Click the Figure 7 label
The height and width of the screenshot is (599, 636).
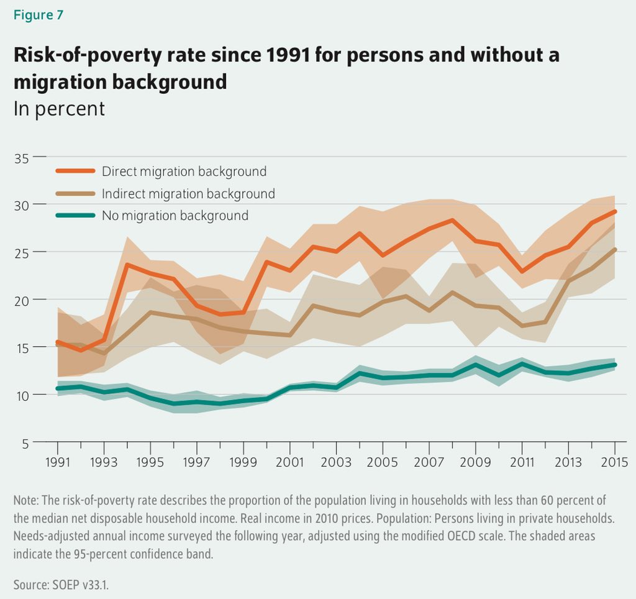38,15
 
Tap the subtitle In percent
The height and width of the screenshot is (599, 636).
59,109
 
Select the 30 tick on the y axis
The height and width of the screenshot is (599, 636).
21,205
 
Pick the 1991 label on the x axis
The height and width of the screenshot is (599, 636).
57,463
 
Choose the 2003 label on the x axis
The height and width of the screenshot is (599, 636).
336,463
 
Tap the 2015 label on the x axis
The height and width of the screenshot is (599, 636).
614,463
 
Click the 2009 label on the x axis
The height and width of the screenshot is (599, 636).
475,463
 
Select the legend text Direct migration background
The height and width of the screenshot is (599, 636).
184,171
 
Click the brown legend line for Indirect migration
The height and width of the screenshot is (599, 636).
75,194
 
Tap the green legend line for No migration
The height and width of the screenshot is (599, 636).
75,216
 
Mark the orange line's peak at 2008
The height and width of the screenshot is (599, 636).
452,220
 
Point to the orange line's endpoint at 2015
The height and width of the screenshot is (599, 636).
614,212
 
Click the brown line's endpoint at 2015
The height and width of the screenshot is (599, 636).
614,250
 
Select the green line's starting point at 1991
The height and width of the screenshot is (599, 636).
58,388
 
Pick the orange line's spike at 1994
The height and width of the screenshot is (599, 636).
127,265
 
